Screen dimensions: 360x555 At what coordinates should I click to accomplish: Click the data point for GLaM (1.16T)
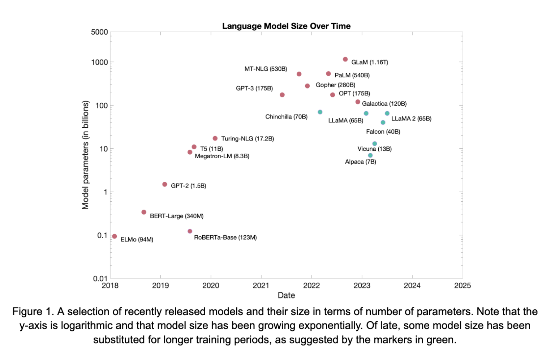coord(345,59)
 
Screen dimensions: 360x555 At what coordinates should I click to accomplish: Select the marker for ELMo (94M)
coord(115,236)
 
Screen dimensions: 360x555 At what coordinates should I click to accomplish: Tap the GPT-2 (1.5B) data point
coord(165,184)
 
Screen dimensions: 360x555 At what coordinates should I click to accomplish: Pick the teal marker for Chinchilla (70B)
coord(320,112)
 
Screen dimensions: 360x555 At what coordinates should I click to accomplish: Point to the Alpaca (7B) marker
coord(370,155)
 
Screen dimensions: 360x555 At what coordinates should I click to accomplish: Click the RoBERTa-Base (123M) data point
coord(190,231)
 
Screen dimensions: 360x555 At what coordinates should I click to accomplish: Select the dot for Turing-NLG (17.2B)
coord(215,138)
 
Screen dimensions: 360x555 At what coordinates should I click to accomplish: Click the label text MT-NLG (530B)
coord(266,69)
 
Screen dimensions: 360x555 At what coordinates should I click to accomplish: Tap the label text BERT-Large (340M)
coord(177,216)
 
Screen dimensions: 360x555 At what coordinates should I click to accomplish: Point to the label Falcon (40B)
coord(383,132)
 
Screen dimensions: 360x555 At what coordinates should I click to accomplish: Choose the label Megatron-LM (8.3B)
coord(222,156)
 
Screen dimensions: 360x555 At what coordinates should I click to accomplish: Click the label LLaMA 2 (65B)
coord(411,119)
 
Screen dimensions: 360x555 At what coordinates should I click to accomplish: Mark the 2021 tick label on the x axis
coord(261,286)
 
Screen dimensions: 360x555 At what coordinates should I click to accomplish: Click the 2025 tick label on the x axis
coord(462,286)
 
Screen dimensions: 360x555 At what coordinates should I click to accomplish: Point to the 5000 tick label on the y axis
coord(99,32)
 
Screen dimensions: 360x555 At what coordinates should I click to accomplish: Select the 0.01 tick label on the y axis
coord(100,278)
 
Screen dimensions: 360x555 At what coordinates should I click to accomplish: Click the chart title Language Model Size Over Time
coord(286,26)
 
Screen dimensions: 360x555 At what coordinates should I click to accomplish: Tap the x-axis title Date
coord(286,295)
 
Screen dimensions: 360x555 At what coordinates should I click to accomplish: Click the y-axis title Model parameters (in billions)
coord(85,155)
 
